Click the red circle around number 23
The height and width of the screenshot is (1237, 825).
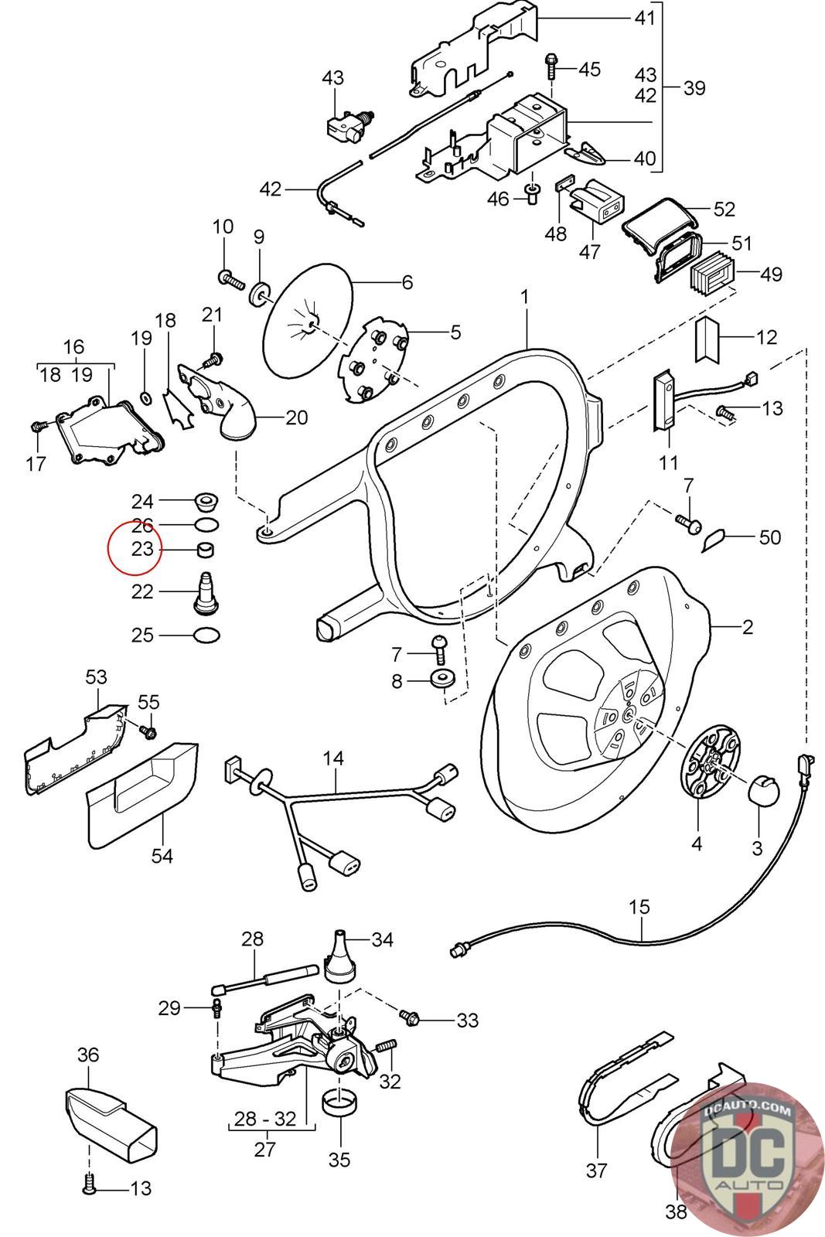click(134, 548)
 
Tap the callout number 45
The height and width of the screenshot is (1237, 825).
click(589, 70)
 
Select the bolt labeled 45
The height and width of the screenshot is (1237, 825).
click(552, 67)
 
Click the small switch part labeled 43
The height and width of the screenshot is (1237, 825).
click(347, 124)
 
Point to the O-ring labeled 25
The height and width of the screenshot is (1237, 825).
click(205, 636)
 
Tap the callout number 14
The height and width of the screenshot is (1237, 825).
click(333, 758)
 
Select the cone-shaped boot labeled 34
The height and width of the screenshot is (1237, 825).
click(339, 957)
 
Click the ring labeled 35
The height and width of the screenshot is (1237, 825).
click(339, 1102)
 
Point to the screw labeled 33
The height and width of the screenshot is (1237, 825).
click(409, 1017)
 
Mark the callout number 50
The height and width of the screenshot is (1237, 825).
click(769, 537)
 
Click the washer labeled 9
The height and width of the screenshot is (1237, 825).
click(260, 294)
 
